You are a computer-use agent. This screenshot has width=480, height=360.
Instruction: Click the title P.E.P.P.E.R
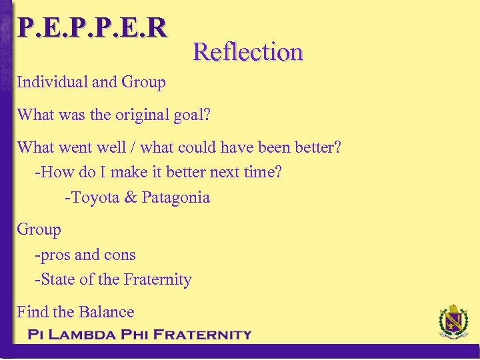tap(92, 27)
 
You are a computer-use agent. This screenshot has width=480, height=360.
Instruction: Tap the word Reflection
tap(248, 51)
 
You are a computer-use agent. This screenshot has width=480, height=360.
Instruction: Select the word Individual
tap(52, 83)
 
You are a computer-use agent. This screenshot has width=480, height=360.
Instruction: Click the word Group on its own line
tap(39, 230)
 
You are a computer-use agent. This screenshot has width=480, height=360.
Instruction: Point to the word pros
tap(55, 255)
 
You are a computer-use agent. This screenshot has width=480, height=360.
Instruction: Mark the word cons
tap(119, 255)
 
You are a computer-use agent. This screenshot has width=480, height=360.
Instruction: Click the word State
tap(58, 280)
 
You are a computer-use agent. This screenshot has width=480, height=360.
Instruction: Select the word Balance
tap(106, 312)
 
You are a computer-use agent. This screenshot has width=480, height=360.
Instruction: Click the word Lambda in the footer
tap(83, 335)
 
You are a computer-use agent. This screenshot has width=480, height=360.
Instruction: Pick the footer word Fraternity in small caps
tap(202, 335)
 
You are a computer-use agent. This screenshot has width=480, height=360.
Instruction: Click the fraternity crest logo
tap(453, 323)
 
